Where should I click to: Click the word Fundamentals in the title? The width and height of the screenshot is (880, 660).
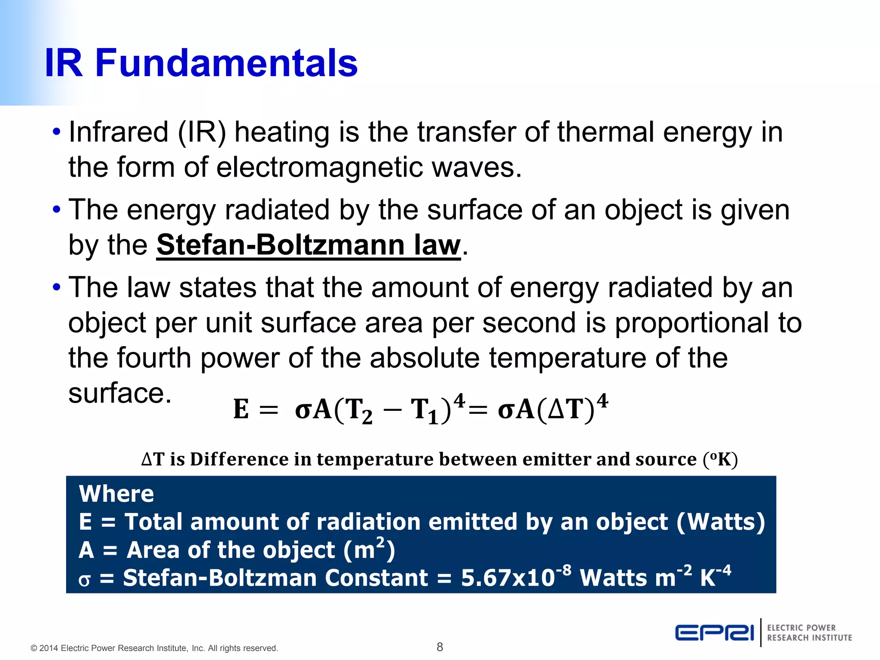click(x=226, y=63)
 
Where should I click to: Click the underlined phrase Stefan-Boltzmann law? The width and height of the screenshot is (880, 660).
click(x=308, y=245)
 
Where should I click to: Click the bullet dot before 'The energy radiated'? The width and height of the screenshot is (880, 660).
click(x=56, y=210)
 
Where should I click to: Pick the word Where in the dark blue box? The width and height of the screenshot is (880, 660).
click(x=116, y=494)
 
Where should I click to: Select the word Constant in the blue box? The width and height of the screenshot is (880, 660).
click(x=376, y=578)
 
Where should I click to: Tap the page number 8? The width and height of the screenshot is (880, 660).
click(x=440, y=647)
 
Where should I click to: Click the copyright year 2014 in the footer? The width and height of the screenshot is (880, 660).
click(x=49, y=648)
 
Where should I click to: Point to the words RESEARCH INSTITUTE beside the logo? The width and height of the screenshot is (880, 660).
click(x=810, y=638)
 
